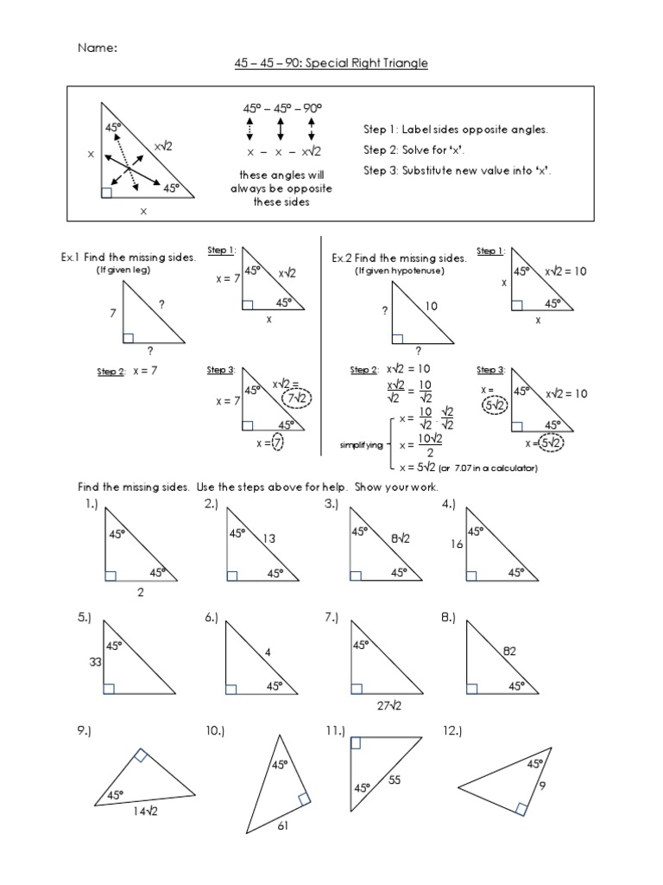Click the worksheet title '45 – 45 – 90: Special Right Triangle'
[x=331, y=64]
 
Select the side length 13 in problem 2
[x=269, y=538]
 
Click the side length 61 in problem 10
[x=282, y=827]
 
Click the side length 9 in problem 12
[x=543, y=786]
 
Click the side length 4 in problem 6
[x=268, y=653]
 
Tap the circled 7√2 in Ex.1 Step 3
[x=298, y=398]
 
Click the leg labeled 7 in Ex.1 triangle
[x=112, y=315]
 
